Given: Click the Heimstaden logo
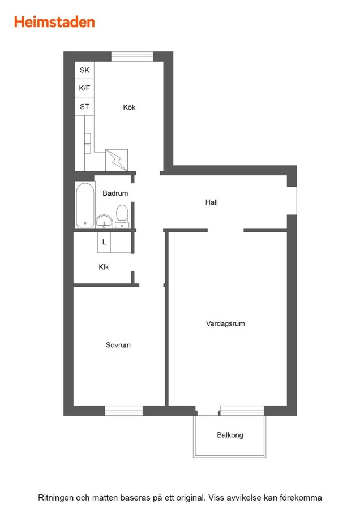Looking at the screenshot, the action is point(54,22).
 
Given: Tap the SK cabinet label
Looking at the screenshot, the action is point(84,70).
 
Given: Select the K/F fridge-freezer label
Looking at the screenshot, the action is point(84,88).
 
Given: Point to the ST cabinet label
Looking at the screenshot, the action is point(84,106).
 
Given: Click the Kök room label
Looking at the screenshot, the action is point(129,107).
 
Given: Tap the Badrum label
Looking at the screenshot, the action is point(115,193).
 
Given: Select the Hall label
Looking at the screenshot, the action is point(212,202).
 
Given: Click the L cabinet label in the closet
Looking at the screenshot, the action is point(104,242).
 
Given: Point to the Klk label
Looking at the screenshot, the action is point(104,267).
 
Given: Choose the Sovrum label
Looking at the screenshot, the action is point(118,345).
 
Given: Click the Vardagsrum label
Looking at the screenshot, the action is point(225,323).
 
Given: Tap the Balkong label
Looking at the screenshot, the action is point(230,435).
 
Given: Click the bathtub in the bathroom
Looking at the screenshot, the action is point(85,205).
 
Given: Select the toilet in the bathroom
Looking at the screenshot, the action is point(122,217).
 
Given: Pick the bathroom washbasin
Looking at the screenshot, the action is point(104,221).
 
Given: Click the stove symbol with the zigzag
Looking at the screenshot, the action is point(117,160).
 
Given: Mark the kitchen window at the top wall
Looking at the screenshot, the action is point(132,57).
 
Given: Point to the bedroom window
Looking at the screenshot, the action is point(123,411).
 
